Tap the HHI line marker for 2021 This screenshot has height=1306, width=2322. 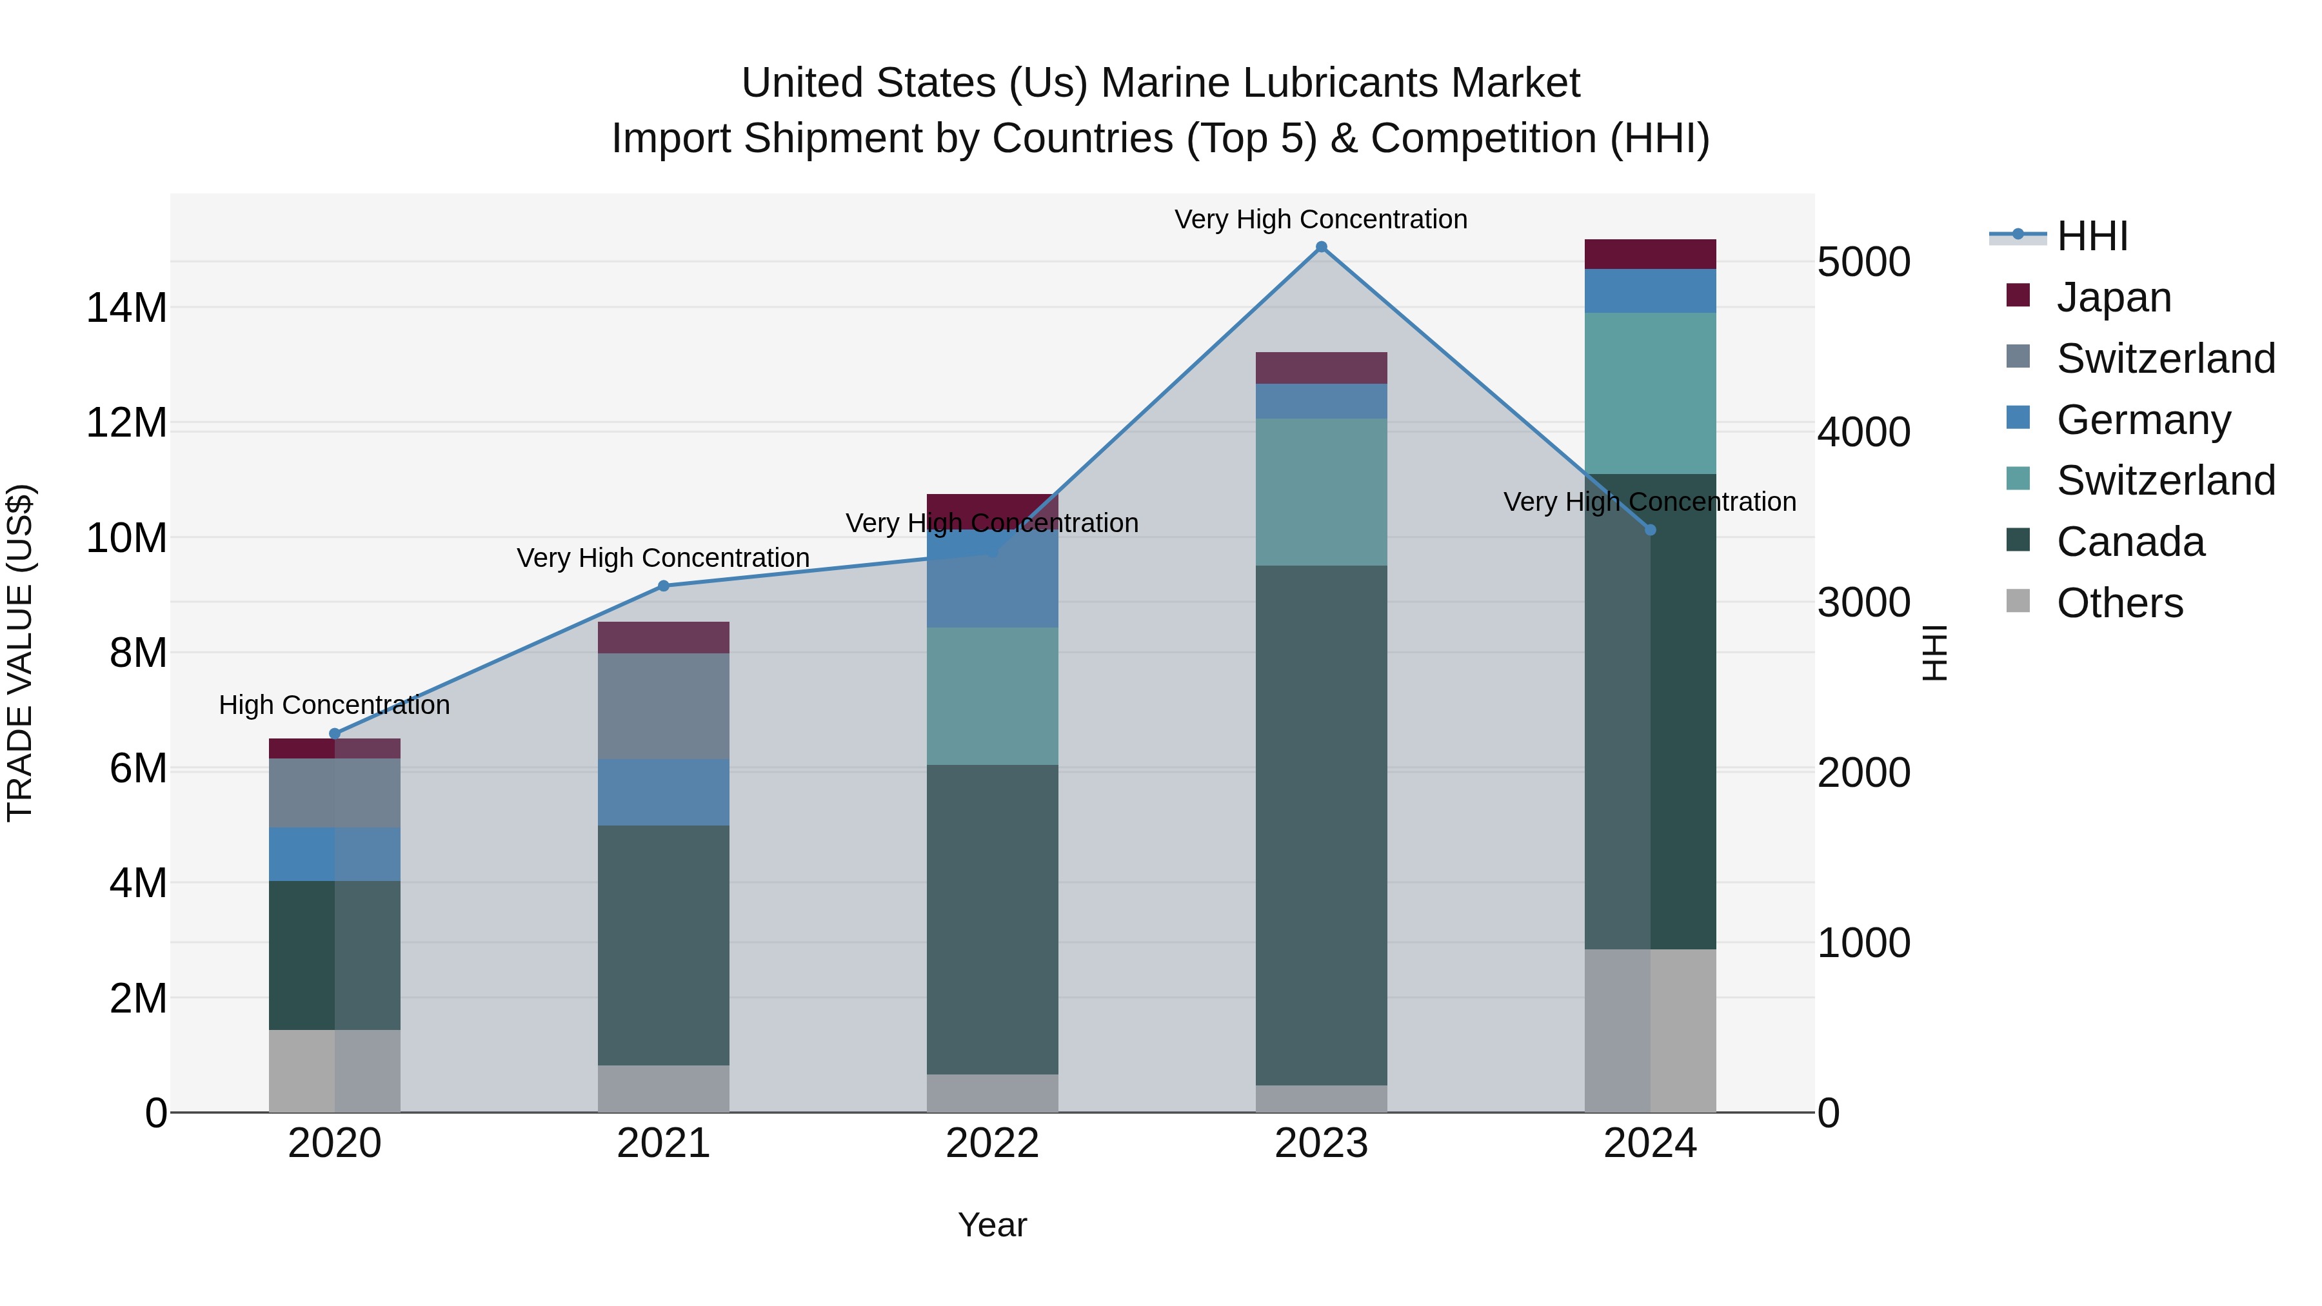tap(664, 586)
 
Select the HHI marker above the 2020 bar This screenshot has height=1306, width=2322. tap(334, 734)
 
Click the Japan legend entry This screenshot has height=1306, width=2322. tap(2113, 297)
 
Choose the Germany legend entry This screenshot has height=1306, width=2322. tap(2143, 420)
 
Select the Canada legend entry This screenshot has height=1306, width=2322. tap(2130, 542)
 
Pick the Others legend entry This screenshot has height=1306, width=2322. tap(2119, 603)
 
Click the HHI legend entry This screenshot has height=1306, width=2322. tap(2091, 236)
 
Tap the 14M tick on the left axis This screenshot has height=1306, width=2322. tap(126, 308)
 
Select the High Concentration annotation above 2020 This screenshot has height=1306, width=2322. tap(334, 705)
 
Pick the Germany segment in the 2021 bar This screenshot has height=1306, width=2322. tap(664, 792)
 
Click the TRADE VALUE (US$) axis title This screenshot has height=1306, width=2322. tap(20, 653)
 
